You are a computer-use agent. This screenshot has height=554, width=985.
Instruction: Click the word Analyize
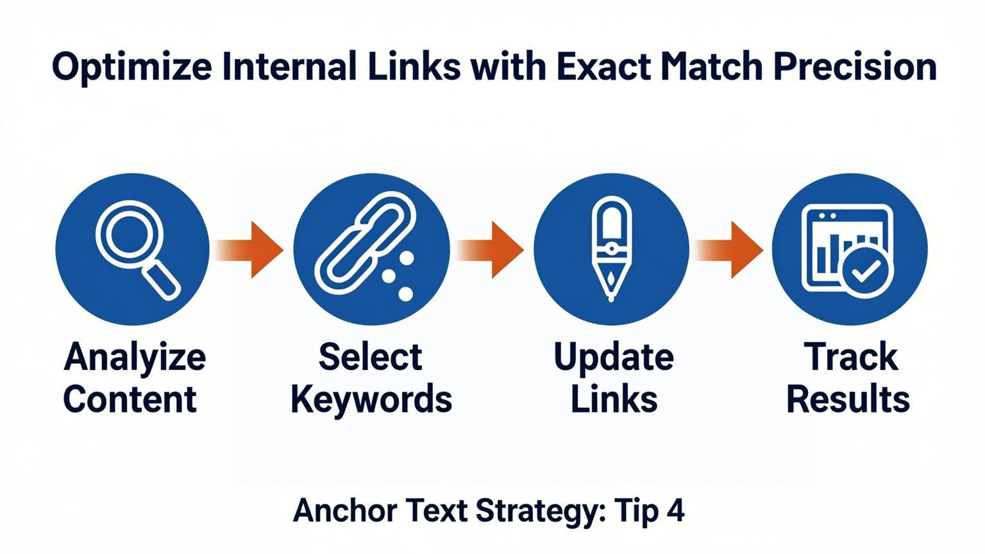[x=135, y=358]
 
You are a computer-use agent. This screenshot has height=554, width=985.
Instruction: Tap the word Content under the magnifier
[x=130, y=399]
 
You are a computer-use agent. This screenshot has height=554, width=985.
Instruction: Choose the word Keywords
[x=371, y=399]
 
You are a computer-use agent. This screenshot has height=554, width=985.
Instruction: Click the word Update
[x=613, y=358]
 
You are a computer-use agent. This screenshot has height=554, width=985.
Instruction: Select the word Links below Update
[x=614, y=399]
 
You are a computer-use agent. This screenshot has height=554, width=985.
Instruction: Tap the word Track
[x=850, y=357]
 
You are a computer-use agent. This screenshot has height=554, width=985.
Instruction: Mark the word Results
[x=848, y=399]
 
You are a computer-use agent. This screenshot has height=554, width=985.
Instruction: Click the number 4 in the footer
[x=675, y=511]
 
